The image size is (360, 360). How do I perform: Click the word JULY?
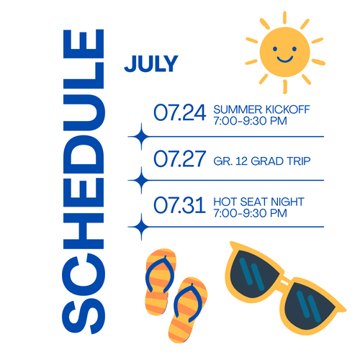pyautogui.click(x=151, y=63)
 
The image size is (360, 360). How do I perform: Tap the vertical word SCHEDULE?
pyautogui.click(x=84, y=181)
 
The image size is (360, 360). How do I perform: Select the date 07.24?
pyautogui.click(x=180, y=112)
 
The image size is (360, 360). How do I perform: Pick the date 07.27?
pyautogui.click(x=180, y=158)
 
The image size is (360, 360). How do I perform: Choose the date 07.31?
pyautogui.click(x=179, y=205)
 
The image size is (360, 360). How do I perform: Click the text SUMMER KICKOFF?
pyautogui.click(x=261, y=109)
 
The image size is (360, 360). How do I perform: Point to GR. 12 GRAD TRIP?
pyautogui.click(x=262, y=161)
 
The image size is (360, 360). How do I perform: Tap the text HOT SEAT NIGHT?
pyautogui.click(x=258, y=202)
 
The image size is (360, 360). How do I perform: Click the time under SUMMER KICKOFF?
pyautogui.click(x=250, y=121)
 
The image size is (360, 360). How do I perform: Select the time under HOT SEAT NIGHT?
pyautogui.click(x=250, y=213)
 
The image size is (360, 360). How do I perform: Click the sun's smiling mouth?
pyautogui.click(x=285, y=59)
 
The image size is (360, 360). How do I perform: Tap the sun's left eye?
pyautogui.click(x=275, y=49)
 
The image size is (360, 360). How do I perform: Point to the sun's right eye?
pyautogui.click(x=294, y=49)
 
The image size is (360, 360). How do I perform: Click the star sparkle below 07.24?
pyautogui.click(x=141, y=137)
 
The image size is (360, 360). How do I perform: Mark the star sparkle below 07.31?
pyautogui.click(x=141, y=227)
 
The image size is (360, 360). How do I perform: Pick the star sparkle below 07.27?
pyautogui.click(x=141, y=180)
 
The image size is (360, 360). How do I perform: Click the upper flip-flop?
pyautogui.click(x=161, y=282)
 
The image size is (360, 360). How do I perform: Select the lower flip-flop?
pyautogui.click(x=188, y=310)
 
